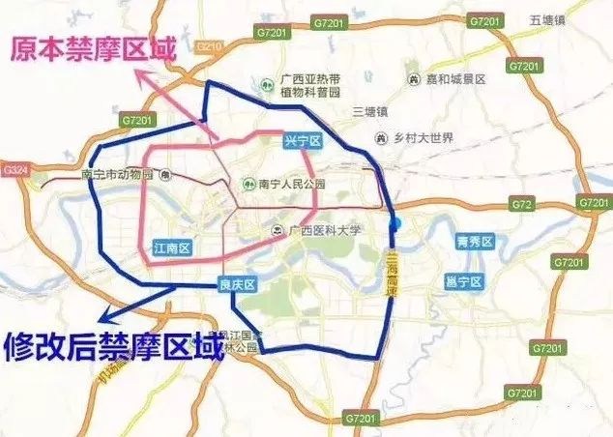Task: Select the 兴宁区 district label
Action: tap(302, 142)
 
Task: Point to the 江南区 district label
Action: tap(173, 248)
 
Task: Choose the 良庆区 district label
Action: tap(234, 284)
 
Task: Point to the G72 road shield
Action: tap(522, 205)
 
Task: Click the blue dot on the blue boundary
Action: tap(394, 225)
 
